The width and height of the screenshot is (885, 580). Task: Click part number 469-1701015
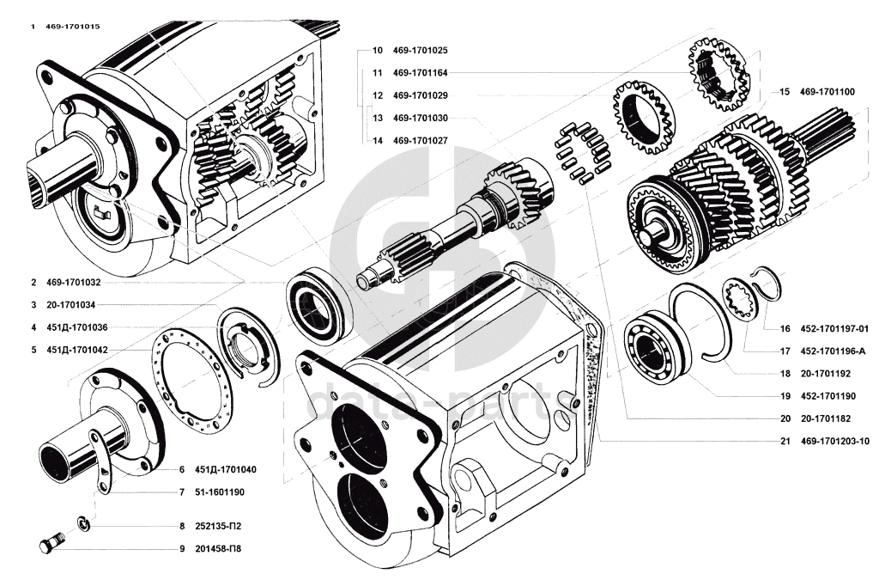coord(73,27)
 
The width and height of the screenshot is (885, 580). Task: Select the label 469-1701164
coord(421,73)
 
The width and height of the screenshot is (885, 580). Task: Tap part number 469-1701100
coord(827,91)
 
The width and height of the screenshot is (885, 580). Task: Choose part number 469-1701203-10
coord(834,442)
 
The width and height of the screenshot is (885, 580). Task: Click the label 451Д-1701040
coord(225,469)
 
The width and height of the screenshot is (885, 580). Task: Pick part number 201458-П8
coord(218,548)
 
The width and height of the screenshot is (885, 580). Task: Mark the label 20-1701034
coord(70,305)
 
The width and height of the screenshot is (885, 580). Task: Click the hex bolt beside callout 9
coord(51,542)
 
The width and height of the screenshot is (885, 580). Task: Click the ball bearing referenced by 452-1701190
coord(657,347)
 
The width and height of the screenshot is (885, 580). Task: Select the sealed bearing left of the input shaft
coord(319,308)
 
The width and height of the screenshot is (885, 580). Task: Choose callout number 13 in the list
coord(378,118)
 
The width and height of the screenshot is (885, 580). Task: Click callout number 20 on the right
coord(785,419)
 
